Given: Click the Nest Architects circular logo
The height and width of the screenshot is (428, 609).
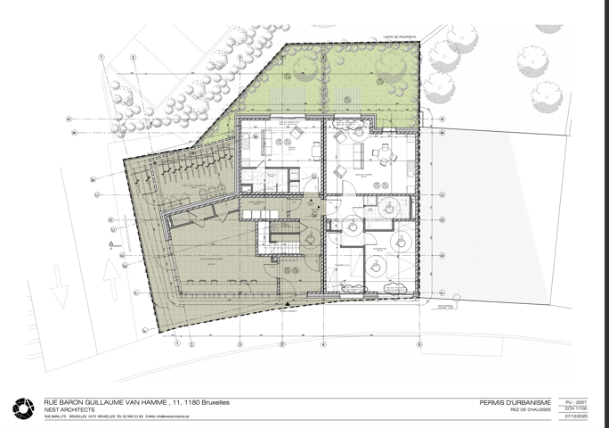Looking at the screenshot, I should click(x=22, y=408).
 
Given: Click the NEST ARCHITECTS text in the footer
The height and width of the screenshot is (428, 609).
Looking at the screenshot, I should click(x=68, y=409).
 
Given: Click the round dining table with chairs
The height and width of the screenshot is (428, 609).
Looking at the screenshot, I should click(x=384, y=157).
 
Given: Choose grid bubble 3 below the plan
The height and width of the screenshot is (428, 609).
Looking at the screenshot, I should click(x=281, y=343).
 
